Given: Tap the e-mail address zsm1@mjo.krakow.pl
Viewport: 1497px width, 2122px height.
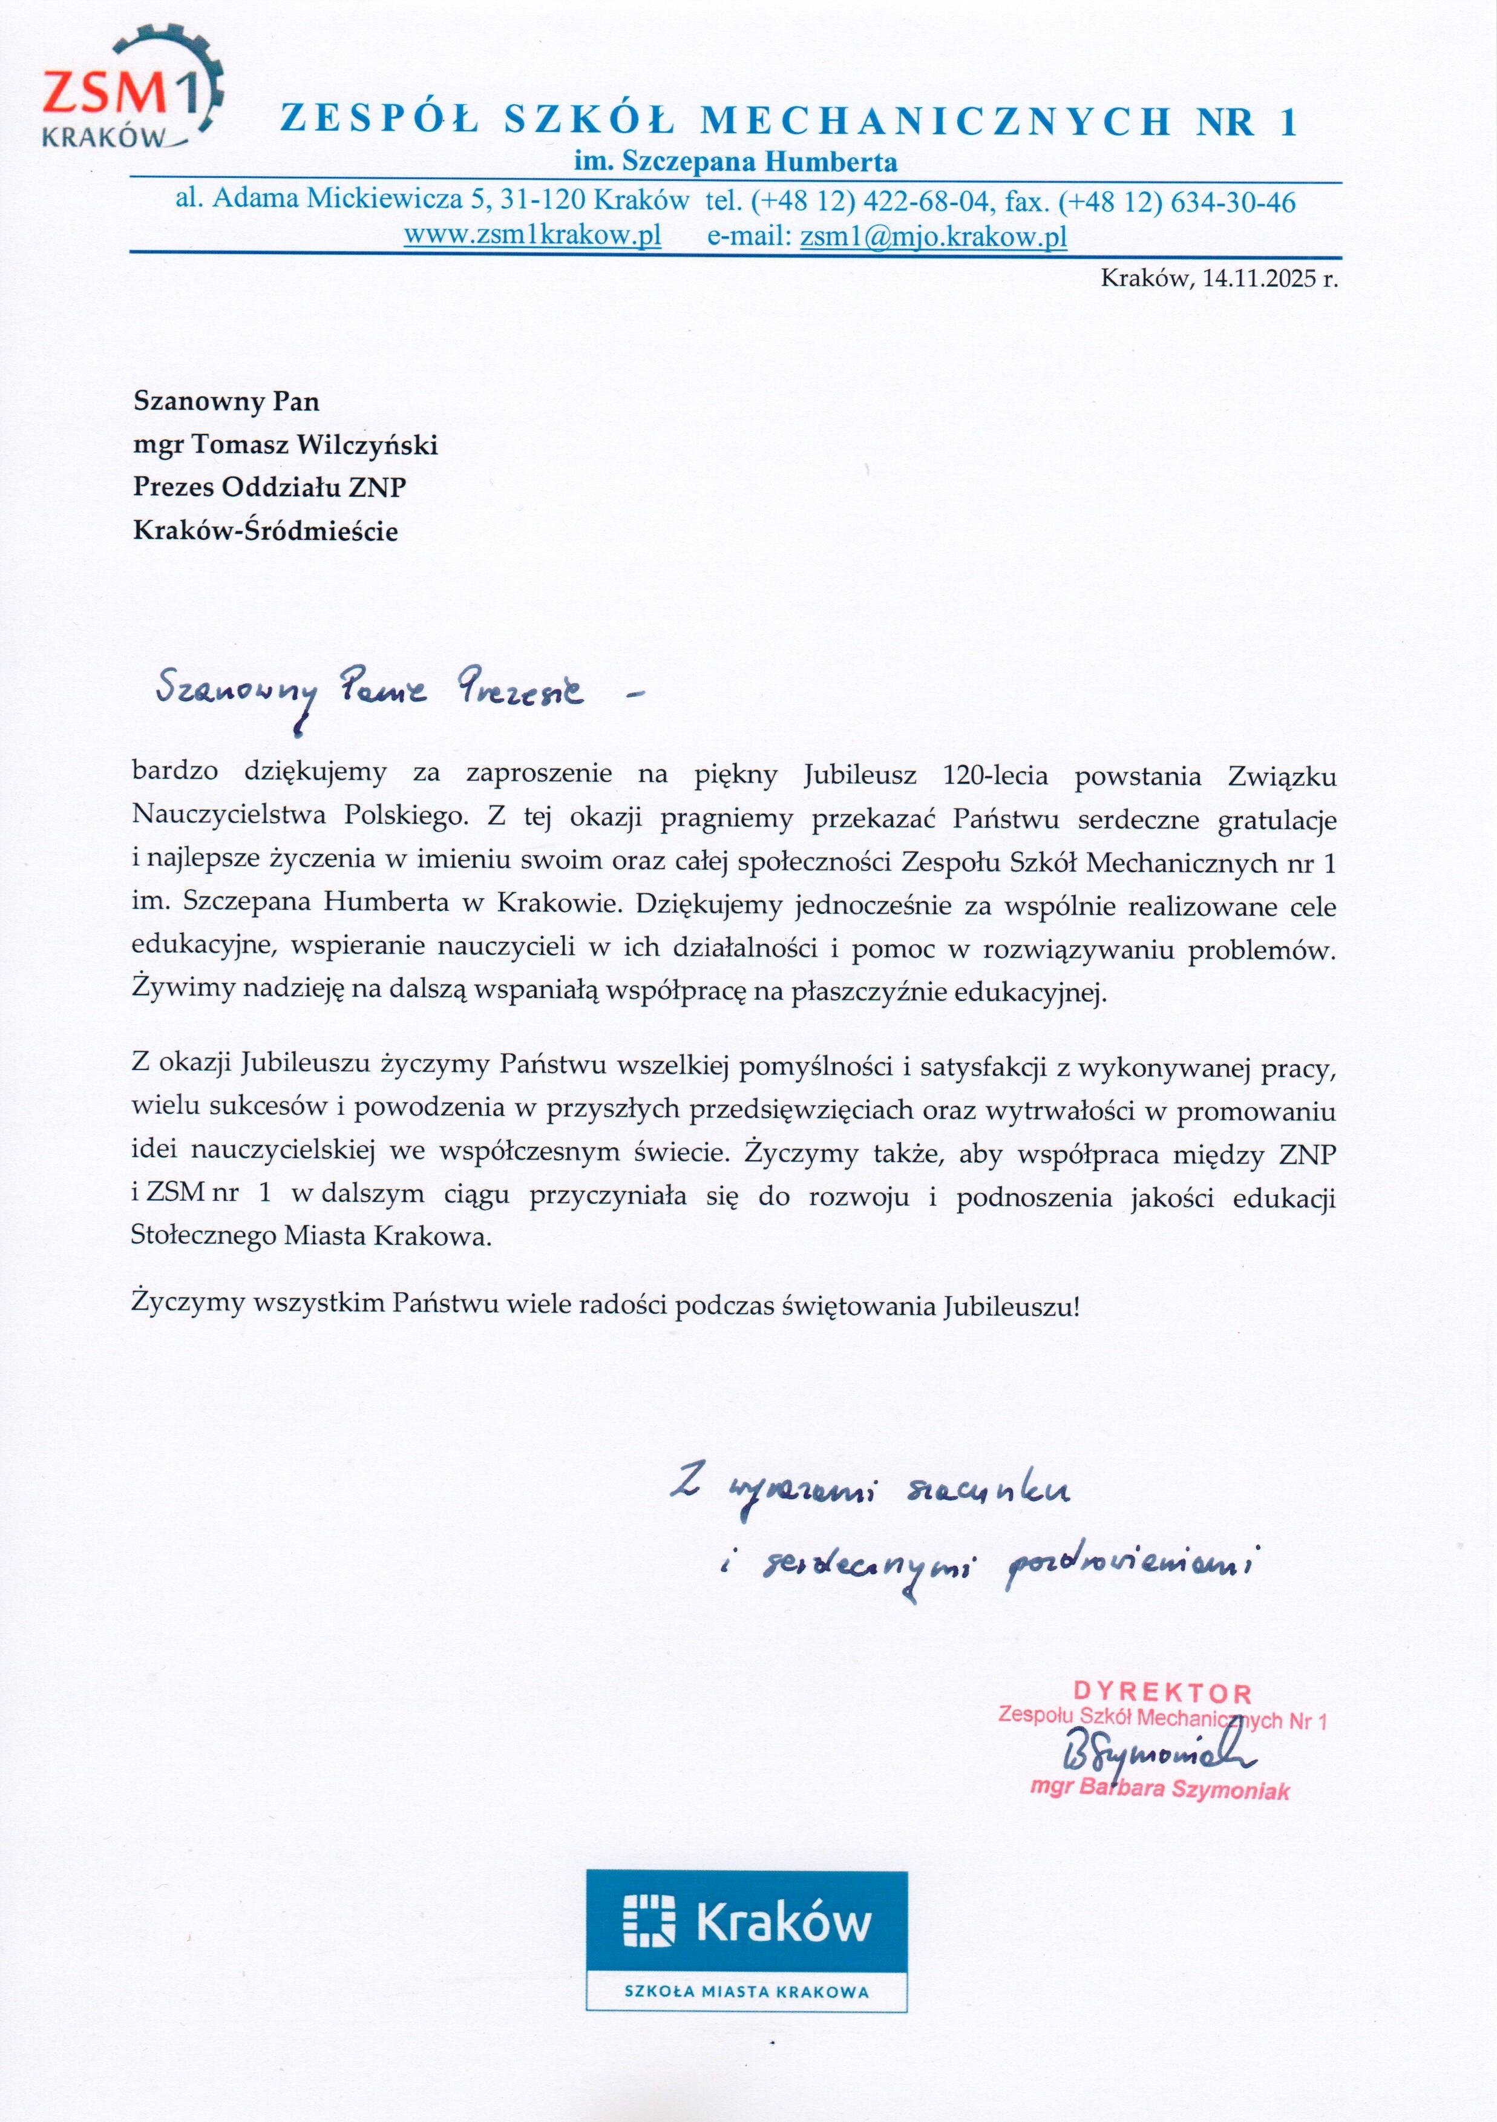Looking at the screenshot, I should point(933,237).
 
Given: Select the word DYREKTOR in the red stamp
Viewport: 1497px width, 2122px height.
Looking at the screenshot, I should point(1162,1693).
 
